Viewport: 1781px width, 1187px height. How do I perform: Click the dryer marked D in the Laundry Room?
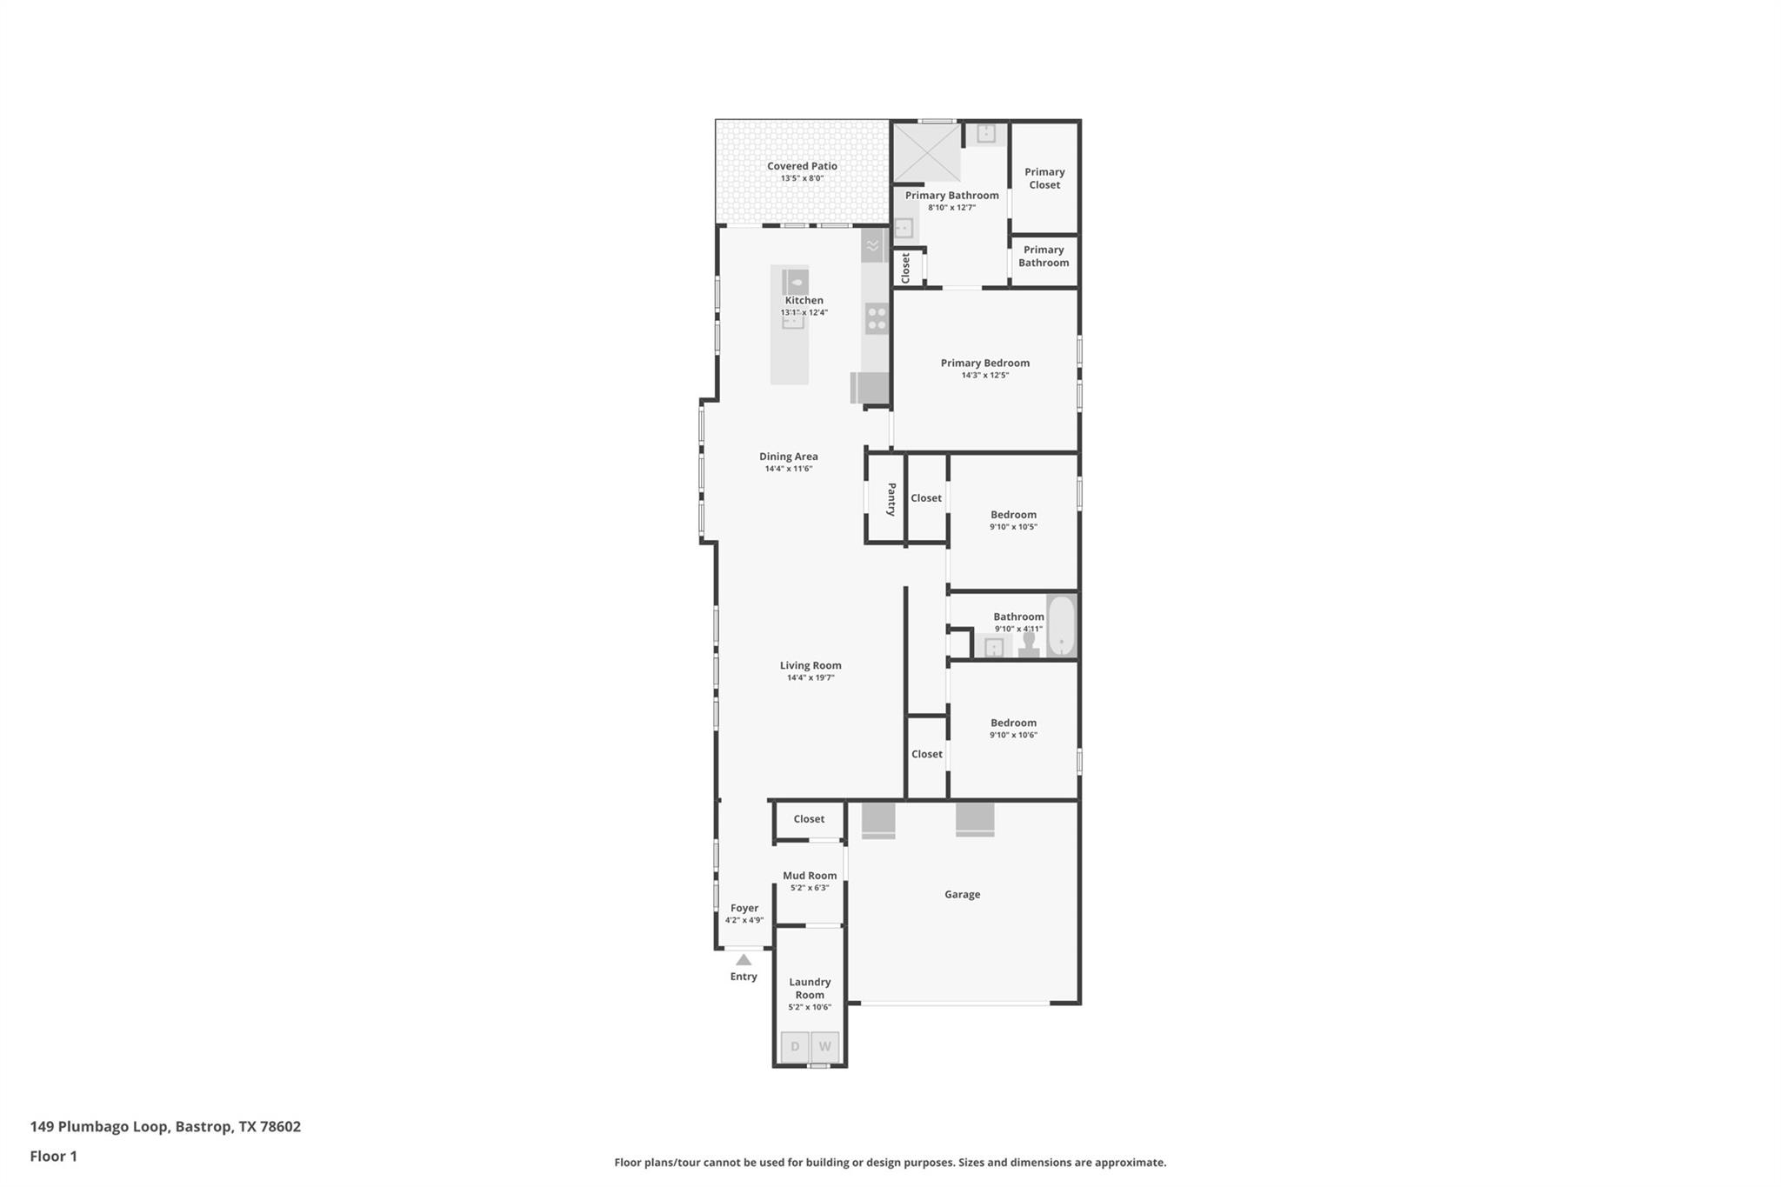pos(795,1046)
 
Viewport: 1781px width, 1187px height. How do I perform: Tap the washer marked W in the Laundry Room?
pos(824,1046)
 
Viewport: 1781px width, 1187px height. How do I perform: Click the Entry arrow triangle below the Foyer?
pos(744,960)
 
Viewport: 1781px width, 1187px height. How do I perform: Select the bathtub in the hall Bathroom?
pos(1061,626)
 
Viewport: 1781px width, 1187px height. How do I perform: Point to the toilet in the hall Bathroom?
pos(1030,645)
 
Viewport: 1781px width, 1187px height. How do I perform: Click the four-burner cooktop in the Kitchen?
pos(877,319)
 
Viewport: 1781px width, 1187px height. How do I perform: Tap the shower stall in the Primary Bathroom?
pos(927,152)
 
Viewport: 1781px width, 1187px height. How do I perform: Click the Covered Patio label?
pos(802,166)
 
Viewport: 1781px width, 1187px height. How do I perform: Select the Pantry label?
pos(891,499)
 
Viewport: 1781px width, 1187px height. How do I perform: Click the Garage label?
pos(962,894)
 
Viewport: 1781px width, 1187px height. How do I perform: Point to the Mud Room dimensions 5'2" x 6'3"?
pos(809,888)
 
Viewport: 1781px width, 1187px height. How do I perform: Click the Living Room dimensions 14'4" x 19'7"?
pos(810,677)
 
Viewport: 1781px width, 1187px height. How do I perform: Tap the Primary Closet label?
pos(1044,178)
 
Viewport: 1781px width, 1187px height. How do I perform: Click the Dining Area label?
pos(788,457)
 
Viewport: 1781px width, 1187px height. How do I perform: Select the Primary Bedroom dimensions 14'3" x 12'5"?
pos(984,376)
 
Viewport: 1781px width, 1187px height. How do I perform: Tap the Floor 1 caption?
pos(54,1156)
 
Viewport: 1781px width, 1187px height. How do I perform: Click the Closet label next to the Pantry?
pos(925,498)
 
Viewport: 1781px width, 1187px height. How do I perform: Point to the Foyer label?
pos(744,908)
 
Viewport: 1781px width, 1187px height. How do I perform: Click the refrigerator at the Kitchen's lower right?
pos(870,388)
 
